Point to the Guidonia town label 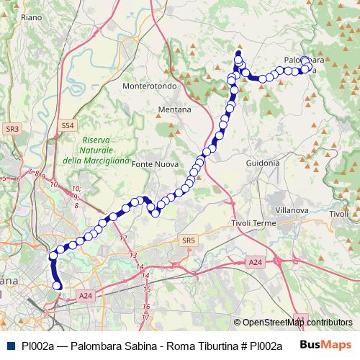point(262,163)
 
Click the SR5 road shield point(189,240)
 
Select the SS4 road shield point(67,125)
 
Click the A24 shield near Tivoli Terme point(255,264)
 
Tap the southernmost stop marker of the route point(58,287)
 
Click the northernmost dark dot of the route point(238,53)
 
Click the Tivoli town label point(338,215)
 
